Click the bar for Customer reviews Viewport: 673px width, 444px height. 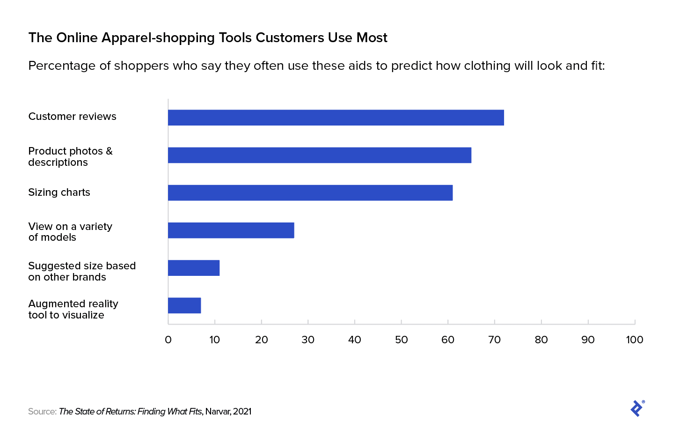point(336,118)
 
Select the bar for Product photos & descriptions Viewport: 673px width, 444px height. point(319,155)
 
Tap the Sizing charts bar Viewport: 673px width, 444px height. point(310,192)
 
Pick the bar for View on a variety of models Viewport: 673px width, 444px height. point(231,230)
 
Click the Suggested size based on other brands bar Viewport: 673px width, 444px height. point(193,268)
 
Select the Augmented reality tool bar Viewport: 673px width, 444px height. point(184,305)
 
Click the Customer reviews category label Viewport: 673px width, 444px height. point(72,117)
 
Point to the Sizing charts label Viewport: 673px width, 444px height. point(59,192)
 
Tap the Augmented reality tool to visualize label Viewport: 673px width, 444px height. point(73,309)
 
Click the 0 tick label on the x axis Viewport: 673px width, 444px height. point(168,340)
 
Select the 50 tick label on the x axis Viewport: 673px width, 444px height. point(401,340)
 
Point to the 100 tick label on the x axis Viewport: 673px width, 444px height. point(634,340)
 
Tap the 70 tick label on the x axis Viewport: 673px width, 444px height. point(494,340)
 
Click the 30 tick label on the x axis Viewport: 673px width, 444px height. point(308,340)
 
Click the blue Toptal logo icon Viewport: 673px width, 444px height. point(637,408)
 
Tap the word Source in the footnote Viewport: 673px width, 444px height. point(42,412)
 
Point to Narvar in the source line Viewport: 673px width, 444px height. point(217,412)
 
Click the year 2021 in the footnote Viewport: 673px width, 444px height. point(242,412)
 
